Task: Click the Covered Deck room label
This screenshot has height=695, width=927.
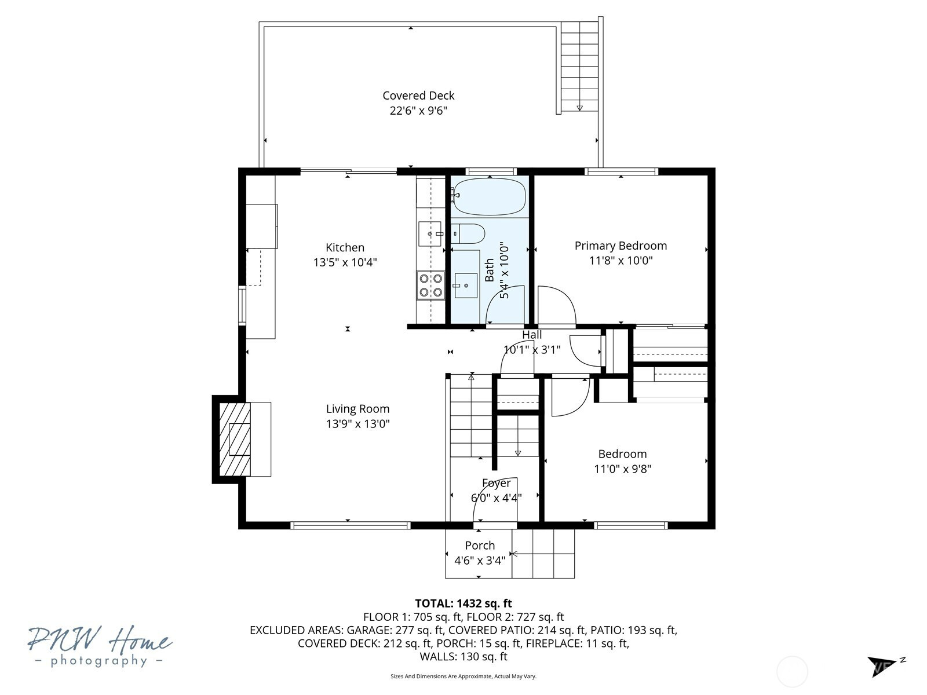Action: pos(418,96)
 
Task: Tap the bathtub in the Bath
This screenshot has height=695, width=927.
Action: pos(490,197)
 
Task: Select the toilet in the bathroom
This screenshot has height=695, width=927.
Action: pos(468,233)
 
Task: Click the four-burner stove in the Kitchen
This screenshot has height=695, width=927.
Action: pos(430,286)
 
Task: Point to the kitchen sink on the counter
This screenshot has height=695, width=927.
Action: pos(430,233)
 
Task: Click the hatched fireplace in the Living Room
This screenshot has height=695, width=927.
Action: pos(235,439)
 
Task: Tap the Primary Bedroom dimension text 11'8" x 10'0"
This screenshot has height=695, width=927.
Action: pos(621,261)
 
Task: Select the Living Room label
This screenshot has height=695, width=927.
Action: pos(357,409)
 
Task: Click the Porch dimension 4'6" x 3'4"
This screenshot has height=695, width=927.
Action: pos(479,561)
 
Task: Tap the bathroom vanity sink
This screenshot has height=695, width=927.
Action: pos(466,286)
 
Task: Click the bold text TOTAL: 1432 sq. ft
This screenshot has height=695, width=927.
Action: pos(463,603)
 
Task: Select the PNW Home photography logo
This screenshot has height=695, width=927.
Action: pos(100,646)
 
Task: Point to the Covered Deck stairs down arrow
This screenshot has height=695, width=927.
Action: pos(579,108)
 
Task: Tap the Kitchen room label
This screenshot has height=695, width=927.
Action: pos(345,248)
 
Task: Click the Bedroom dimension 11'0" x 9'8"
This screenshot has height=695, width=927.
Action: pos(622,469)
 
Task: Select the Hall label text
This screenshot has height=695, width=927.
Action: pos(532,335)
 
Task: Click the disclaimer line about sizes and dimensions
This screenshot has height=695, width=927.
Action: pos(463,676)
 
